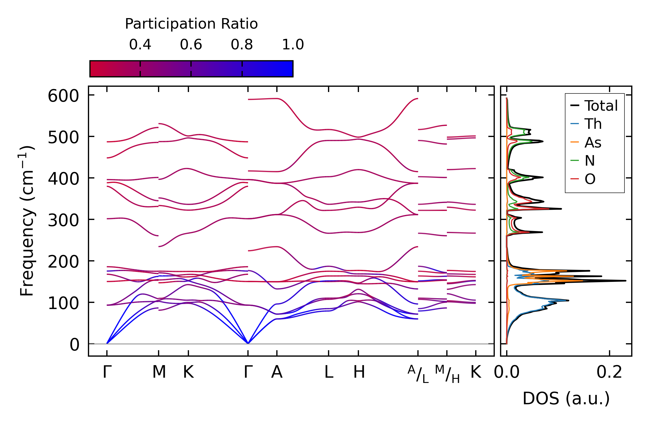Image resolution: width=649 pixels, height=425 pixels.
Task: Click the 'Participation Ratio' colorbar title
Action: pyautogui.click(x=191, y=24)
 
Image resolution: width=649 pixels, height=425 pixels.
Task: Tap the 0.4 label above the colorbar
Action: pyautogui.click(x=140, y=45)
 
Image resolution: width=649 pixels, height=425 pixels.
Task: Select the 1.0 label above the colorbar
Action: pyautogui.click(x=293, y=45)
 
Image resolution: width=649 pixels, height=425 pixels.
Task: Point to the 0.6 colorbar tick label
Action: pyautogui.click(x=191, y=45)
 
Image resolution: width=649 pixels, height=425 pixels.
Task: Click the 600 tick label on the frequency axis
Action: pyautogui.click(x=63, y=96)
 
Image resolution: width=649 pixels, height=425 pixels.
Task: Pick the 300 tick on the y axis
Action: pyautogui.click(x=63, y=220)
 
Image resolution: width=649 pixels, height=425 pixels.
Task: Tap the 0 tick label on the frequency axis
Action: pyautogui.click(x=74, y=345)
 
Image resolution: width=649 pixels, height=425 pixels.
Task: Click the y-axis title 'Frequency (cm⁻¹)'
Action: pyautogui.click(x=27, y=221)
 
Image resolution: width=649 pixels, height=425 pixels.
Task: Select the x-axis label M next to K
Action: pyautogui.click(x=159, y=372)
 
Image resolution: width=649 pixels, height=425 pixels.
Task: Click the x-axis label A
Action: pyautogui.click(x=277, y=372)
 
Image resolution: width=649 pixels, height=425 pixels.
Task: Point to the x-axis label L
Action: pyautogui.click(x=329, y=372)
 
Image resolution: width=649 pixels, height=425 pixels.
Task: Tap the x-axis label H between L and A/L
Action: pyautogui.click(x=359, y=372)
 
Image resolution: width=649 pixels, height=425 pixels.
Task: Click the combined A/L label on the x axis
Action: pyautogui.click(x=418, y=374)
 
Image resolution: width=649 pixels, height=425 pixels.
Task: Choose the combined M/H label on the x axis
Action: pyautogui.click(x=447, y=374)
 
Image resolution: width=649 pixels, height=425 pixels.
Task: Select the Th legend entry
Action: pyautogui.click(x=593, y=124)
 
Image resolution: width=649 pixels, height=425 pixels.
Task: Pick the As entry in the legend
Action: pyautogui.click(x=593, y=143)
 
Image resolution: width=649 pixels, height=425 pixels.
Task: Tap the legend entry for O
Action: pyautogui.click(x=590, y=179)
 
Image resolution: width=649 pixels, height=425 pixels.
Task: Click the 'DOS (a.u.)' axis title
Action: pyautogui.click(x=566, y=398)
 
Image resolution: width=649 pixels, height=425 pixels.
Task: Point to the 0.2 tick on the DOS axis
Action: pyautogui.click(x=609, y=372)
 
